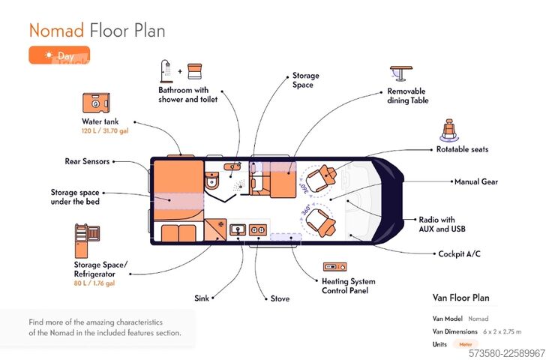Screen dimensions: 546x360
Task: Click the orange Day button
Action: pos(59,55)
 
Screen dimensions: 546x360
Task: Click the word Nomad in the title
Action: pos(56,30)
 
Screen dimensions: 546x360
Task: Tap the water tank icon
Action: pos(96,103)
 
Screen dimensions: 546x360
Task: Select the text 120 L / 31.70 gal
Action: pos(105,131)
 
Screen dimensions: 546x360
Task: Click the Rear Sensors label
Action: pos(87,161)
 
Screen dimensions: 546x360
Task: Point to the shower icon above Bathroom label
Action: pos(166,71)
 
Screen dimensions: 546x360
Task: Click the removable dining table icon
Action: pos(401,73)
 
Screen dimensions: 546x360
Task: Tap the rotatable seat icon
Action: pos(448,130)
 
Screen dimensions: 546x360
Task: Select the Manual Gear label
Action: pos(476,181)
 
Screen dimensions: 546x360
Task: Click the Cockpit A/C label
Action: pos(459,253)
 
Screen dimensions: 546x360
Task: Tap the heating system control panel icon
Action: pos(334,267)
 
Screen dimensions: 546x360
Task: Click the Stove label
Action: pos(280,298)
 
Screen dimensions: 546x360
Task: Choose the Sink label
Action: pos(202,298)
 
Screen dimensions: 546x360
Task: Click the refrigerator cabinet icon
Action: pos(87,241)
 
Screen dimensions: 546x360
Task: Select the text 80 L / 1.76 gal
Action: pos(94,283)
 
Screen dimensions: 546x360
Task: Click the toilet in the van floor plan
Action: pos(211,180)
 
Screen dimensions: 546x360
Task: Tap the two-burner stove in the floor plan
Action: pos(258,230)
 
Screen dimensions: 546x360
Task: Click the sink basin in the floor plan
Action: pos(238,229)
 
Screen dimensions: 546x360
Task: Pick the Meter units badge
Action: pos(465,344)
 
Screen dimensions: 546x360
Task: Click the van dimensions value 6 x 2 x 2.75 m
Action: pos(502,331)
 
